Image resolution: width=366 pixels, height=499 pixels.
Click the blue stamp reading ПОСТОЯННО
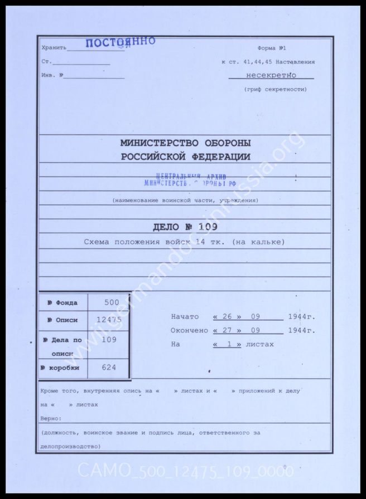[120, 43]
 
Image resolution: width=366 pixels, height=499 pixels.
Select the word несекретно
[271, 75]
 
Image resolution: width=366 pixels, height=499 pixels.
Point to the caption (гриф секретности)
[275, 89]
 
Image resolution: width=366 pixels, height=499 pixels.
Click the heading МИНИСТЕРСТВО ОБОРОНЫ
[186, 143]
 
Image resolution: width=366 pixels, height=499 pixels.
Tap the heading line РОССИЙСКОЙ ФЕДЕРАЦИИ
[186, 157]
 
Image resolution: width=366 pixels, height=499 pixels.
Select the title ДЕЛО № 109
[185, 227]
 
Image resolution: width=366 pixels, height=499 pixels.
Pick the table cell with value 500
[112, 302]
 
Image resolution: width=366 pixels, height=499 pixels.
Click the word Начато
[185, 317]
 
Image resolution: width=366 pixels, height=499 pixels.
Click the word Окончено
[189, 330]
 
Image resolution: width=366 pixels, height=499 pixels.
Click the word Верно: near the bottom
[51, 418]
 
